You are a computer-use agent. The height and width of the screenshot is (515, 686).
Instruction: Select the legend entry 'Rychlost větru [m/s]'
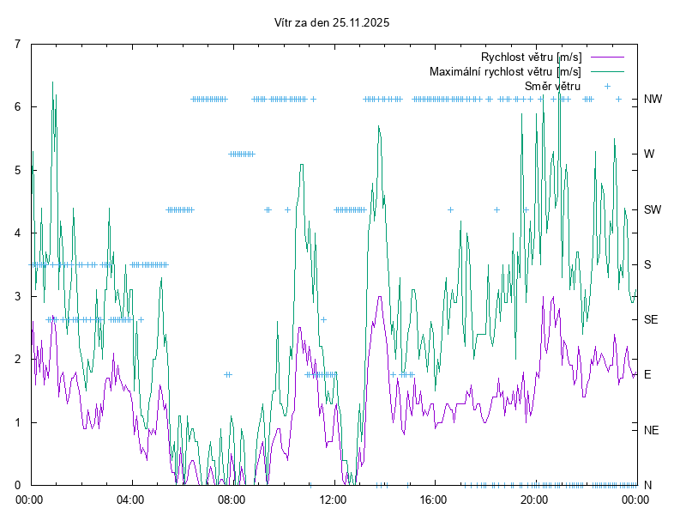(x=531, y=57)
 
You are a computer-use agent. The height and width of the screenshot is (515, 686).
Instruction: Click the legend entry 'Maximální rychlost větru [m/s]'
(x=505, y=71)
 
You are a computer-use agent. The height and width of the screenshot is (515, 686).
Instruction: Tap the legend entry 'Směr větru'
(x=552, y=86)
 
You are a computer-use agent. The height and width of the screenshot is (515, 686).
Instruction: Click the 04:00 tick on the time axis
(x=131, y=499)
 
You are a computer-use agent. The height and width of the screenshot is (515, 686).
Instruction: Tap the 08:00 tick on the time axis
(x=232, y=499)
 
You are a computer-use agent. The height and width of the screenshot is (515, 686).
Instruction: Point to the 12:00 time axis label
(x=333, y=499)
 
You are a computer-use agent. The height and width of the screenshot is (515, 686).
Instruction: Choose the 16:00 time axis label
(x=433, y=499)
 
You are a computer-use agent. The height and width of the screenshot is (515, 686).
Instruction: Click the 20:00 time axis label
(x=534, y=499)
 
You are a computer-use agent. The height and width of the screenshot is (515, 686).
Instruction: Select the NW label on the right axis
(x=653, y=99)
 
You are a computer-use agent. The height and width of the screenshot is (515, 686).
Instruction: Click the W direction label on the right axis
(x=649, y=154)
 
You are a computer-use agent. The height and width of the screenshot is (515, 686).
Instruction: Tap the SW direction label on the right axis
(x=653, y=209)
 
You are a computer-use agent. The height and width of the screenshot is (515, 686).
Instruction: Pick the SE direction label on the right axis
(x=652, y=319)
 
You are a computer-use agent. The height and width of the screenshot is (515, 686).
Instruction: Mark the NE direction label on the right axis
(x=652, y=430)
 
